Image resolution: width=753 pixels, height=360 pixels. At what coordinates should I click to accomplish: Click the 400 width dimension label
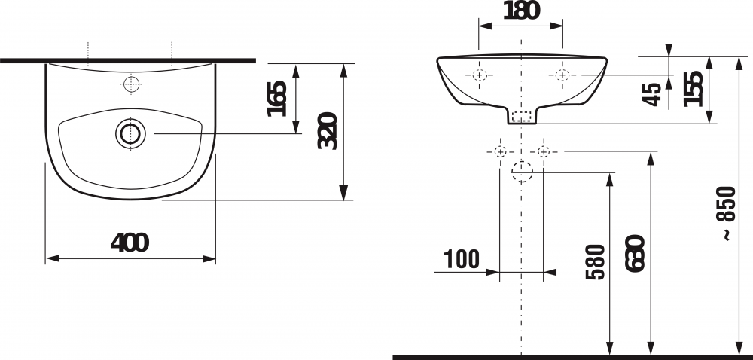130,243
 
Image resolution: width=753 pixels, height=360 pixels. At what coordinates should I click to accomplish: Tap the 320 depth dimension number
328,130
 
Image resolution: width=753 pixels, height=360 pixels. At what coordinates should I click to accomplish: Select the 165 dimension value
278,99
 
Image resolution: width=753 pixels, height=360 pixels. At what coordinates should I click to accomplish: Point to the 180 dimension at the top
522,11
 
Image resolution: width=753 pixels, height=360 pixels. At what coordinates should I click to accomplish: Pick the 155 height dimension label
694,88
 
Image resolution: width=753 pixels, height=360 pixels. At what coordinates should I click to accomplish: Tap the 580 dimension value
596,261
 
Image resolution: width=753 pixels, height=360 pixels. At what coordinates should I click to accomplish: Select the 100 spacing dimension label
461,259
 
